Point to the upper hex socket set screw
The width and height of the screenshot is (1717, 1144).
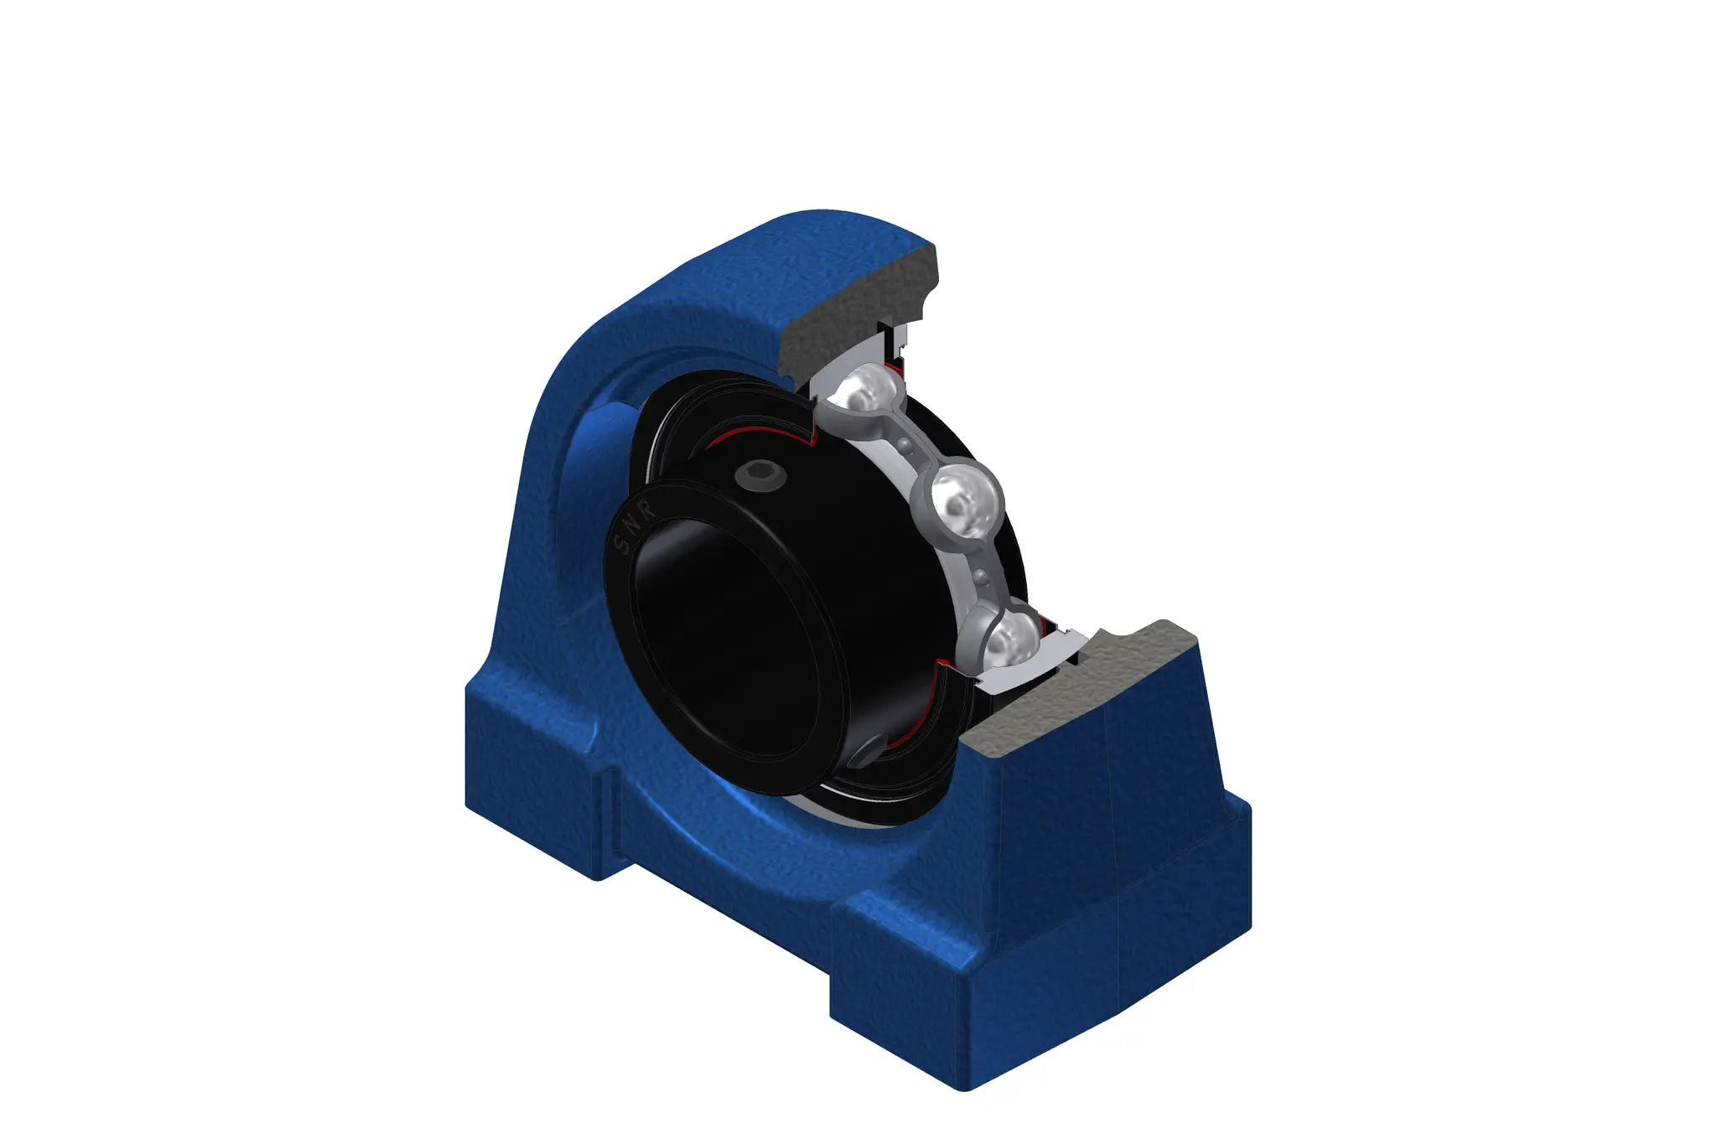(760, 476)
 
